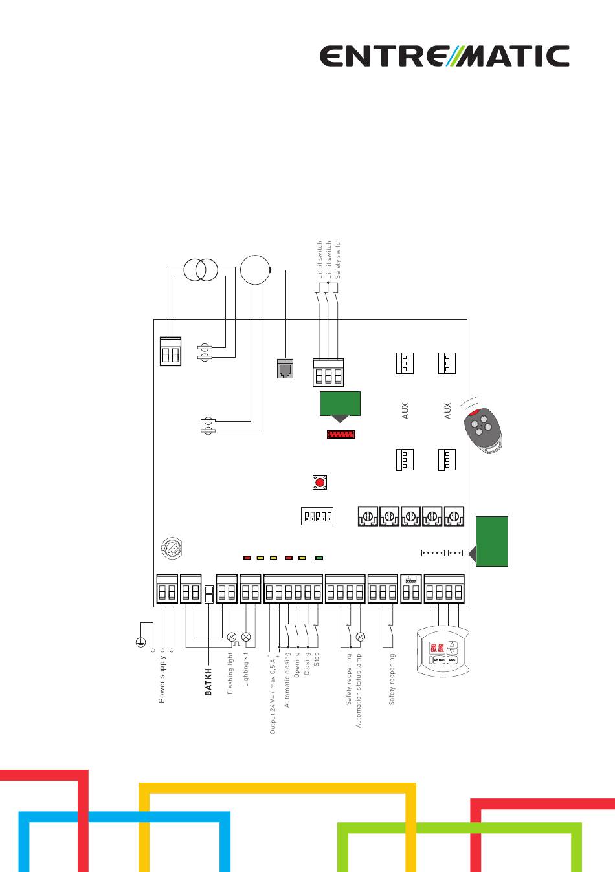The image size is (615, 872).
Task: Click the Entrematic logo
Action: tap(445, 56)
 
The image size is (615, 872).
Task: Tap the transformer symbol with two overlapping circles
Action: tap(201, 269)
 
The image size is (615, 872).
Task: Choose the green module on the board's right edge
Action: tap(492, 541)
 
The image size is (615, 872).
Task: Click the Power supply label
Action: tap(162, 679)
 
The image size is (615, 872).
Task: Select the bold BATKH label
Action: tap(208, 682)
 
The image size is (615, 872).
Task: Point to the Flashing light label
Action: tap(230, 673)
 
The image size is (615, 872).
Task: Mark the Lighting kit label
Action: tap(246, 670)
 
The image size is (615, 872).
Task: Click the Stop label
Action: tap(317, 659)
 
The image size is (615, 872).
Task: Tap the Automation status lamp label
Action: tap(359, 690)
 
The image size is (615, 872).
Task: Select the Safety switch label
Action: tap(337, 258)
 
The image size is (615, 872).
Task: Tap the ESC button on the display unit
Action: tap(453, 660)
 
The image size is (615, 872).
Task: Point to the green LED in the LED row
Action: tap(319, 557)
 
